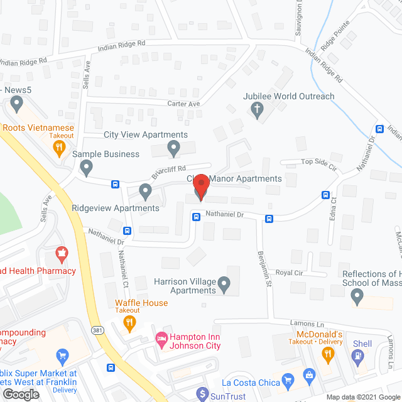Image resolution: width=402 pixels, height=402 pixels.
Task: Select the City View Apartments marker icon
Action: tap(174, 149)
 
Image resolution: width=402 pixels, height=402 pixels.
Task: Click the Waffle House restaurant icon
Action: tap(130, 323)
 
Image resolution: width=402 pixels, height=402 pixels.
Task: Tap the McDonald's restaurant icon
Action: tap(327, 354)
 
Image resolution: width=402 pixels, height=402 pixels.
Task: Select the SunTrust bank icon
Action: tap(202, 394)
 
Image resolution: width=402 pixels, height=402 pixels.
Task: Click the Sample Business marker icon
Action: tap(87, 168)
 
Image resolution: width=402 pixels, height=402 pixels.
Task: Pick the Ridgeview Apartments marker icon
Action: tap(146, 190)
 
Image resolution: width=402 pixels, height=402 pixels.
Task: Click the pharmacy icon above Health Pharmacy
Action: tap(62, 255)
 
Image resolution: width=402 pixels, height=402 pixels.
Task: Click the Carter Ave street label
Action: tap(183, 104)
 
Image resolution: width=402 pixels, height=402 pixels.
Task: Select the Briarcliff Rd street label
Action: tap(169, 171)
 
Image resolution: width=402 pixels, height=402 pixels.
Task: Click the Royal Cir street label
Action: tap(290, 273)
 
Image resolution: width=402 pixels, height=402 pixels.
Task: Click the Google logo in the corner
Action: tap(21, 394)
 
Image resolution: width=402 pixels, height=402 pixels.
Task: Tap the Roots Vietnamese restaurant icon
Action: tap(58, 148)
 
